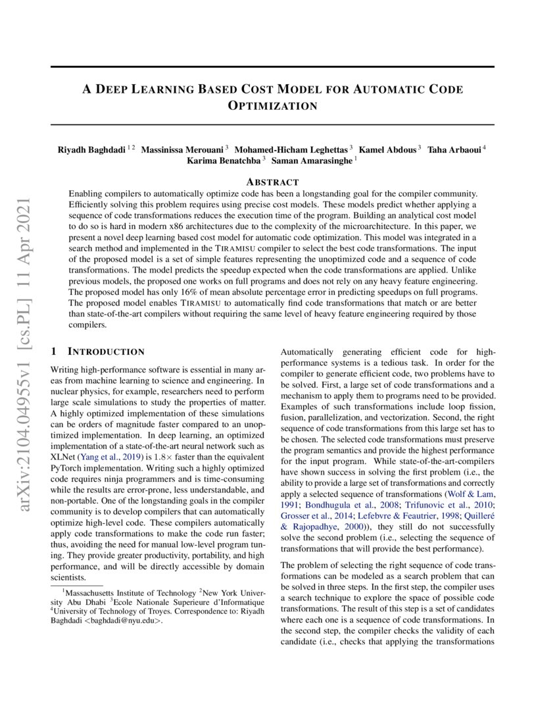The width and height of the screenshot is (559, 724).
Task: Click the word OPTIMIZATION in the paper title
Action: click(272, 106)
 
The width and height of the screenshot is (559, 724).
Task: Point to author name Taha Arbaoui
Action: click(456, 149)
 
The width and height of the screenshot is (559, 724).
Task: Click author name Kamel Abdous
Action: click(388, 149)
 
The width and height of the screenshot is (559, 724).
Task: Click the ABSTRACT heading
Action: click(272, 182)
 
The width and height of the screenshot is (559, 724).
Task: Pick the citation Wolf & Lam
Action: click(471, 494)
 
